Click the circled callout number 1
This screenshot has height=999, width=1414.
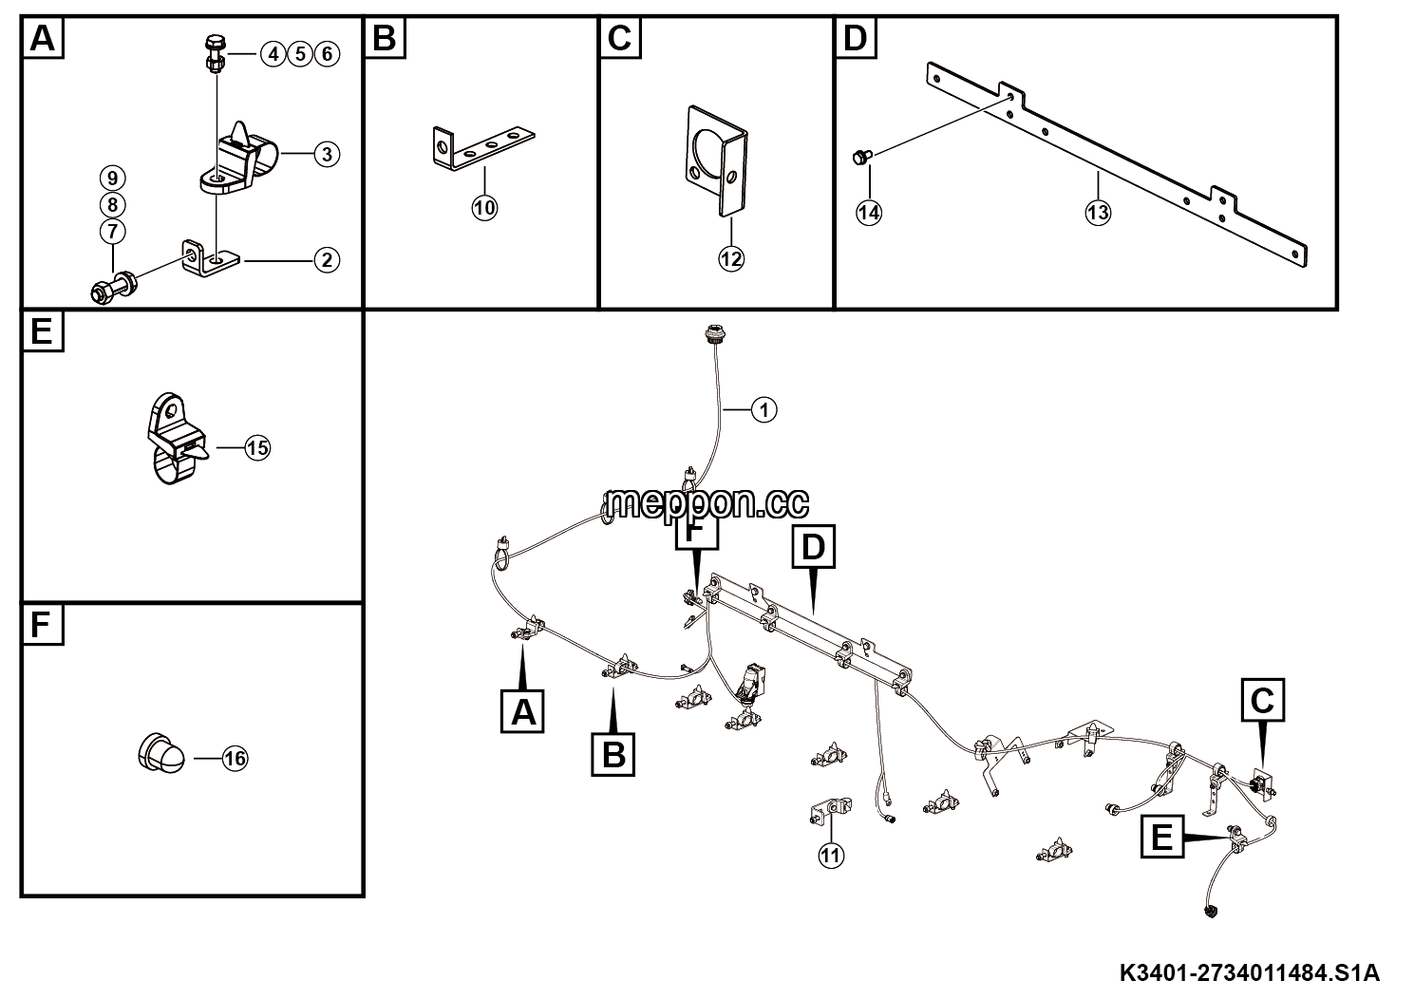[764, 410]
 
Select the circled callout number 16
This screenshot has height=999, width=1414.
[235, 758]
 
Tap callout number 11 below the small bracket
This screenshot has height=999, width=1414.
[831, 856]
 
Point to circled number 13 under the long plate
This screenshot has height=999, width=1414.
[1098, 212]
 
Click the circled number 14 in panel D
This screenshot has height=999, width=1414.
[869, 212]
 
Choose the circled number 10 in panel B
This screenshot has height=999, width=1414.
[484, 208]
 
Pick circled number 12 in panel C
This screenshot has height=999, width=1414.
[731, 258]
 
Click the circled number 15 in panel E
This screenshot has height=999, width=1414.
[257, 448]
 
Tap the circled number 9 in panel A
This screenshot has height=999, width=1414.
[112, 178]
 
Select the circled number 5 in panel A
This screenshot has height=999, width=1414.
[300, 54]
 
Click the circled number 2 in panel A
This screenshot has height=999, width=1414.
[327, 260]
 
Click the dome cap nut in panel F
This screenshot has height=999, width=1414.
[161, 752]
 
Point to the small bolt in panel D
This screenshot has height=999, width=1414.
[862, 157]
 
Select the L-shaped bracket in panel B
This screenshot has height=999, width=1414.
[483, 149]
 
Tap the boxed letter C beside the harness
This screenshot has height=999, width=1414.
[1262, 700]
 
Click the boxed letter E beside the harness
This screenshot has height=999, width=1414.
[1162, 837]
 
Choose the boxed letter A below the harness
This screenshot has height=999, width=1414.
[522, 711]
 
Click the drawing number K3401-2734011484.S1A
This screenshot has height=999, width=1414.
[1250, 972]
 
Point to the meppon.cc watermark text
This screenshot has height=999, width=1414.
[706, 502]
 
